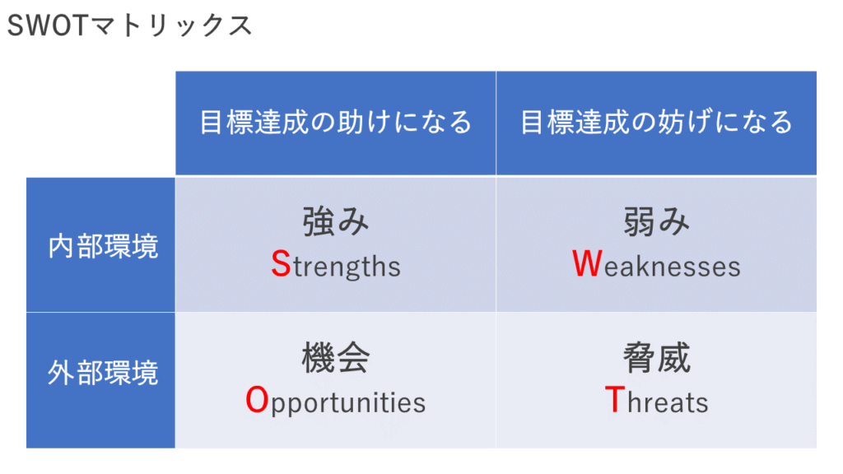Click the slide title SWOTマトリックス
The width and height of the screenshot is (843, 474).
point(129,26)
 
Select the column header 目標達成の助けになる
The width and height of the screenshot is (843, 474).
point(336,122)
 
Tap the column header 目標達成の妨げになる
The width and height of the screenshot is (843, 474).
point(656,122)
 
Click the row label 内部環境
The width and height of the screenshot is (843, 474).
point(103,246)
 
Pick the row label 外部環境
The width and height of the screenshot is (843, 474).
point(103,372)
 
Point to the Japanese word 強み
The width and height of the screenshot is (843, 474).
point(336,221)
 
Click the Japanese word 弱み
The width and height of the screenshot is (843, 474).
point(656,221)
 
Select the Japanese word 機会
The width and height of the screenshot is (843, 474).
point(336,357)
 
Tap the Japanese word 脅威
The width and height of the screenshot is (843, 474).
point(656,357)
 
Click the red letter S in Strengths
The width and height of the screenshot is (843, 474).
point(281,264)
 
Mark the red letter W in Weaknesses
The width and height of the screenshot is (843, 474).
point(587,264)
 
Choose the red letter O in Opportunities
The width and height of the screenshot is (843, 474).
point(257,400)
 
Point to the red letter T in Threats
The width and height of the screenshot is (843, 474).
point(615,400)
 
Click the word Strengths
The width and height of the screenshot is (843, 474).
point(336,265)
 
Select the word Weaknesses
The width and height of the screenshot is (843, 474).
point(656,264)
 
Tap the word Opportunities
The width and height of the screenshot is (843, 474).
point(336,402)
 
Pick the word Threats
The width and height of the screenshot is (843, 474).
point(656,401)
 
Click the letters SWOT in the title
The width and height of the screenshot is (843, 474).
point(47,26)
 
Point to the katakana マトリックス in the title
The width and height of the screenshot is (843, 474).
point(170,26)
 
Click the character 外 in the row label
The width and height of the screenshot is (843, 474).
point(61,372)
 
